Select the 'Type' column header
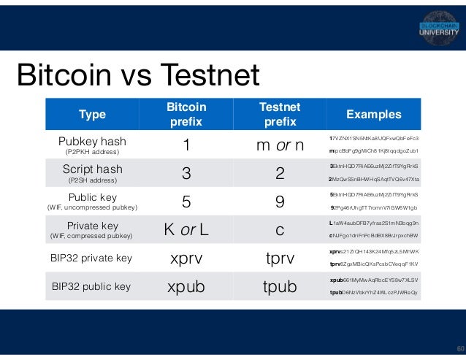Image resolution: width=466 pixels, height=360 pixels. tap(93, 115)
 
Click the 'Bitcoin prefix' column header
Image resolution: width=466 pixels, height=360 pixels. tap(186, 114)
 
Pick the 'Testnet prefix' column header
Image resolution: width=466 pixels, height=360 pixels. tap(279, 114)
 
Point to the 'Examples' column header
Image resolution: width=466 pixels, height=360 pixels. tap(373, 114)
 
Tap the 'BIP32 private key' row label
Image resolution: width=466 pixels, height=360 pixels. tap(93, 258)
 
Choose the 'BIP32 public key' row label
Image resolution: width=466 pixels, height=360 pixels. tap(93, 286)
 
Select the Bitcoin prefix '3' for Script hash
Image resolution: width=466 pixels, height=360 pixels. tap(186, 174)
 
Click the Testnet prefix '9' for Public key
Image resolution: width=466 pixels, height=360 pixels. tap(279, 202)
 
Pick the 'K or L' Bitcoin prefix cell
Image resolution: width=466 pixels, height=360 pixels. tap(186, 230)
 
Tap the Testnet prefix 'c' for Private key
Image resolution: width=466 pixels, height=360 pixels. tap(279, 230)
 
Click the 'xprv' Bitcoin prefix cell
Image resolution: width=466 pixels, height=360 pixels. tap(186, 258)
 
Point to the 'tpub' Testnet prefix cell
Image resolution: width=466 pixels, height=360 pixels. tap(279, 287)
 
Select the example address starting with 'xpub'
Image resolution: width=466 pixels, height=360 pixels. tap(373, 280)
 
